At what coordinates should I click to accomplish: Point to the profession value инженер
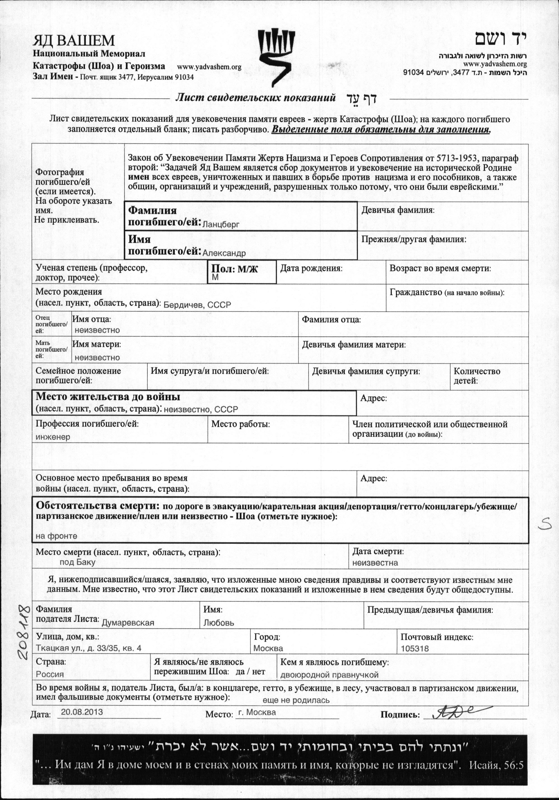pyautogui.click(x=53, y=437)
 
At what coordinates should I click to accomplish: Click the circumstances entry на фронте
pyautogui.click(x=56, y=536)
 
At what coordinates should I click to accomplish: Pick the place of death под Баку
pyautogui.click(x=77, y=562)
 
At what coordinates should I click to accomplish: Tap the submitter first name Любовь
pyautogui.click(x=219, y=623)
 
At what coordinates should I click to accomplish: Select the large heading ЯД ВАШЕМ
pyautogui.click(x=74, y=41)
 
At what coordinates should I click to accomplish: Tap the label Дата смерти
pyautogui.click(x=378, y=551)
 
